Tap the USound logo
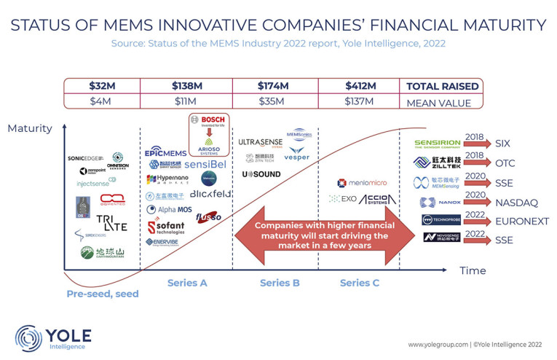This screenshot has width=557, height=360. (x=261, y=174)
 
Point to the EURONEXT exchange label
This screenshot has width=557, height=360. (x=522, y=221)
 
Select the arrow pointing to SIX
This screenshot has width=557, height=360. (x=480, y=144)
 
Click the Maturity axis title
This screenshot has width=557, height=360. (x=30, y=129)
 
